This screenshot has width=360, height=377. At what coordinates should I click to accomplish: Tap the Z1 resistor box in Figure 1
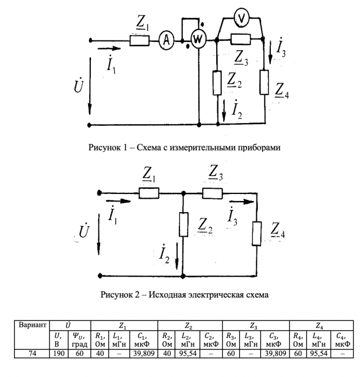pos(138,39)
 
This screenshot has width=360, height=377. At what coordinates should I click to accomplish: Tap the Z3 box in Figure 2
pos(213,192)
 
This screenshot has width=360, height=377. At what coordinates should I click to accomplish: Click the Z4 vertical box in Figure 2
pos(257,235)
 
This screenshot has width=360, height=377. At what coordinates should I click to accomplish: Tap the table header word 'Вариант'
pos(31,326)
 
